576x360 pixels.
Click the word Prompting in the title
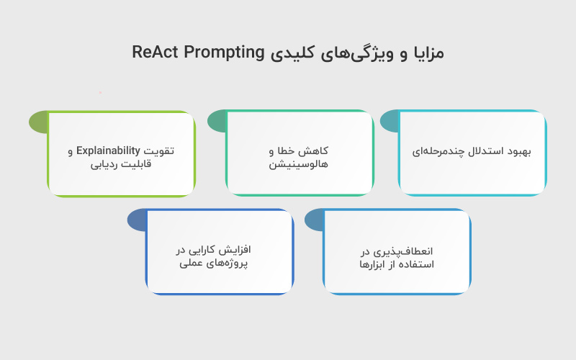[x=219, y=53]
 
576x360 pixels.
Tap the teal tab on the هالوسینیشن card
[x=217, y=122]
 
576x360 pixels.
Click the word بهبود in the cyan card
[x=516, y=152]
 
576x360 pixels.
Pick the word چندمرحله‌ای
[x=439, y=152]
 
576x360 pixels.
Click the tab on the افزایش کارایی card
[x=137, y=220]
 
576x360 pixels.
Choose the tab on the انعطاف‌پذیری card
[x=314, y=220]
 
